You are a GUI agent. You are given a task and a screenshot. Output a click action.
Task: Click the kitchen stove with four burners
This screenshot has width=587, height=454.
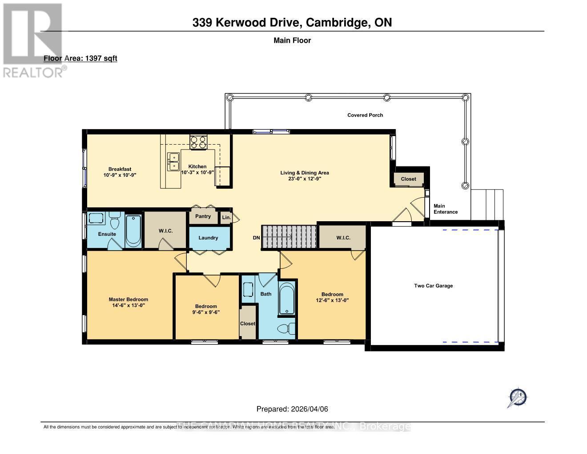(198, 142)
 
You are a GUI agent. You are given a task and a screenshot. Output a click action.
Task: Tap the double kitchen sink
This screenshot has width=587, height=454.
(173, 162)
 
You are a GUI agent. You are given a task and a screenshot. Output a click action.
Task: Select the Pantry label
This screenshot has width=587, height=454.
(203, 216)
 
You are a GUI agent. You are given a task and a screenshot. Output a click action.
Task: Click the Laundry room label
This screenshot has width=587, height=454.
(208, 238)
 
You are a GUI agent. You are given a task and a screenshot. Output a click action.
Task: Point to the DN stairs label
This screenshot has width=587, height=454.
(256, 238)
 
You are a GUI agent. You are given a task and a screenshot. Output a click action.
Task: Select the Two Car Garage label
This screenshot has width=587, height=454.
(433, 286)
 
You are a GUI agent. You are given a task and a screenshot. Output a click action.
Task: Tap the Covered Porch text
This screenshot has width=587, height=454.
(365, 115)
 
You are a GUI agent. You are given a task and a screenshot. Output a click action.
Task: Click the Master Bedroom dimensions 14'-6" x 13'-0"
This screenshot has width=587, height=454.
(129, 305)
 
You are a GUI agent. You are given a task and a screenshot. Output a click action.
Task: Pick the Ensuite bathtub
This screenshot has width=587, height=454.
(133, 231)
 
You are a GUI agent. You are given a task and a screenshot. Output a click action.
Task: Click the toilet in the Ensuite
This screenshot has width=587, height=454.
(114, 221)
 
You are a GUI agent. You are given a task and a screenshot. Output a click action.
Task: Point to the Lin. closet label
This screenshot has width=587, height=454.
(226, 218)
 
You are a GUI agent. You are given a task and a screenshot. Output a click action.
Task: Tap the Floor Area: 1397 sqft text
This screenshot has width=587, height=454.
(80, 58)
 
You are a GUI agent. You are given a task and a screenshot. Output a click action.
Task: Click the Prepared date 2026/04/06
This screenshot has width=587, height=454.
(292, 409)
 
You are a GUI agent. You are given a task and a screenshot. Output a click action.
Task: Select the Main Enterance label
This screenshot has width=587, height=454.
(445, 209)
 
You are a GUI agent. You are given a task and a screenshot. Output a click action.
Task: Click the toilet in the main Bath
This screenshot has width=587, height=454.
(285, 328)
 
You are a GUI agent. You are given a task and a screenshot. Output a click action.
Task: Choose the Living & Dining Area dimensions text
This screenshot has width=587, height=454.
(305, 178)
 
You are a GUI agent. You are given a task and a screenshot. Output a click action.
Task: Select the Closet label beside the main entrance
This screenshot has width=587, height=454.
(408, 179)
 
